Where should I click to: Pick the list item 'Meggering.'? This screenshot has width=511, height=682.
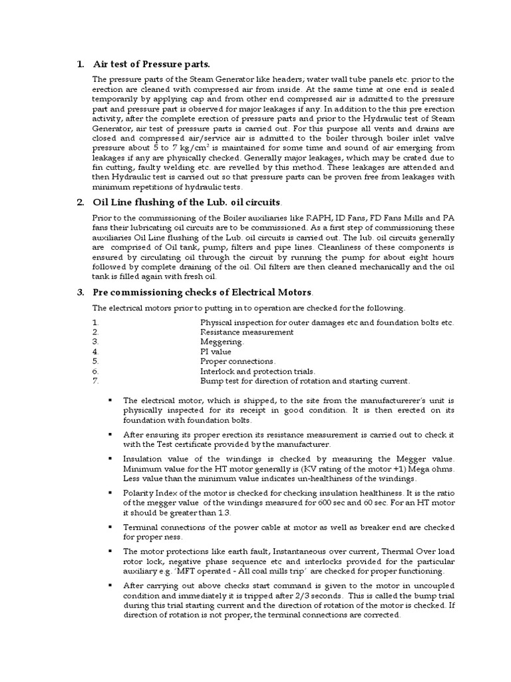[x=222, y=341]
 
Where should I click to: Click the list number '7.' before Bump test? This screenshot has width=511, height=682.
[x=96, y=381]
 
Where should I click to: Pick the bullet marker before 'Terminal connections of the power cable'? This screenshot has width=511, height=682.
[x=109, y=527]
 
